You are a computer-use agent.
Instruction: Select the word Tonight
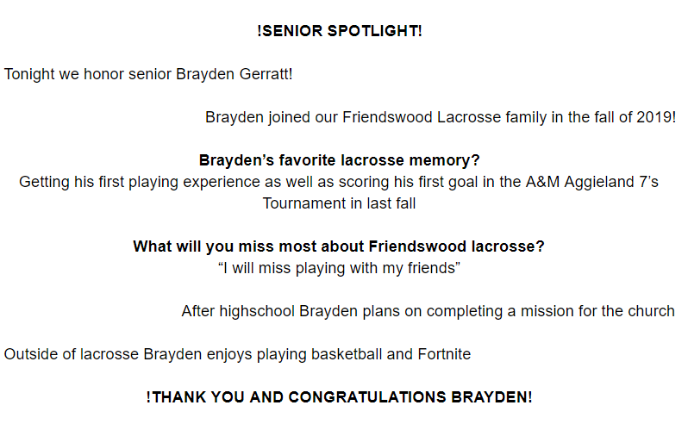click(29, 74)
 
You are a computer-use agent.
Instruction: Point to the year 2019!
click(656, 117)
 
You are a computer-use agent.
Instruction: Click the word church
click(651, 311)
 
